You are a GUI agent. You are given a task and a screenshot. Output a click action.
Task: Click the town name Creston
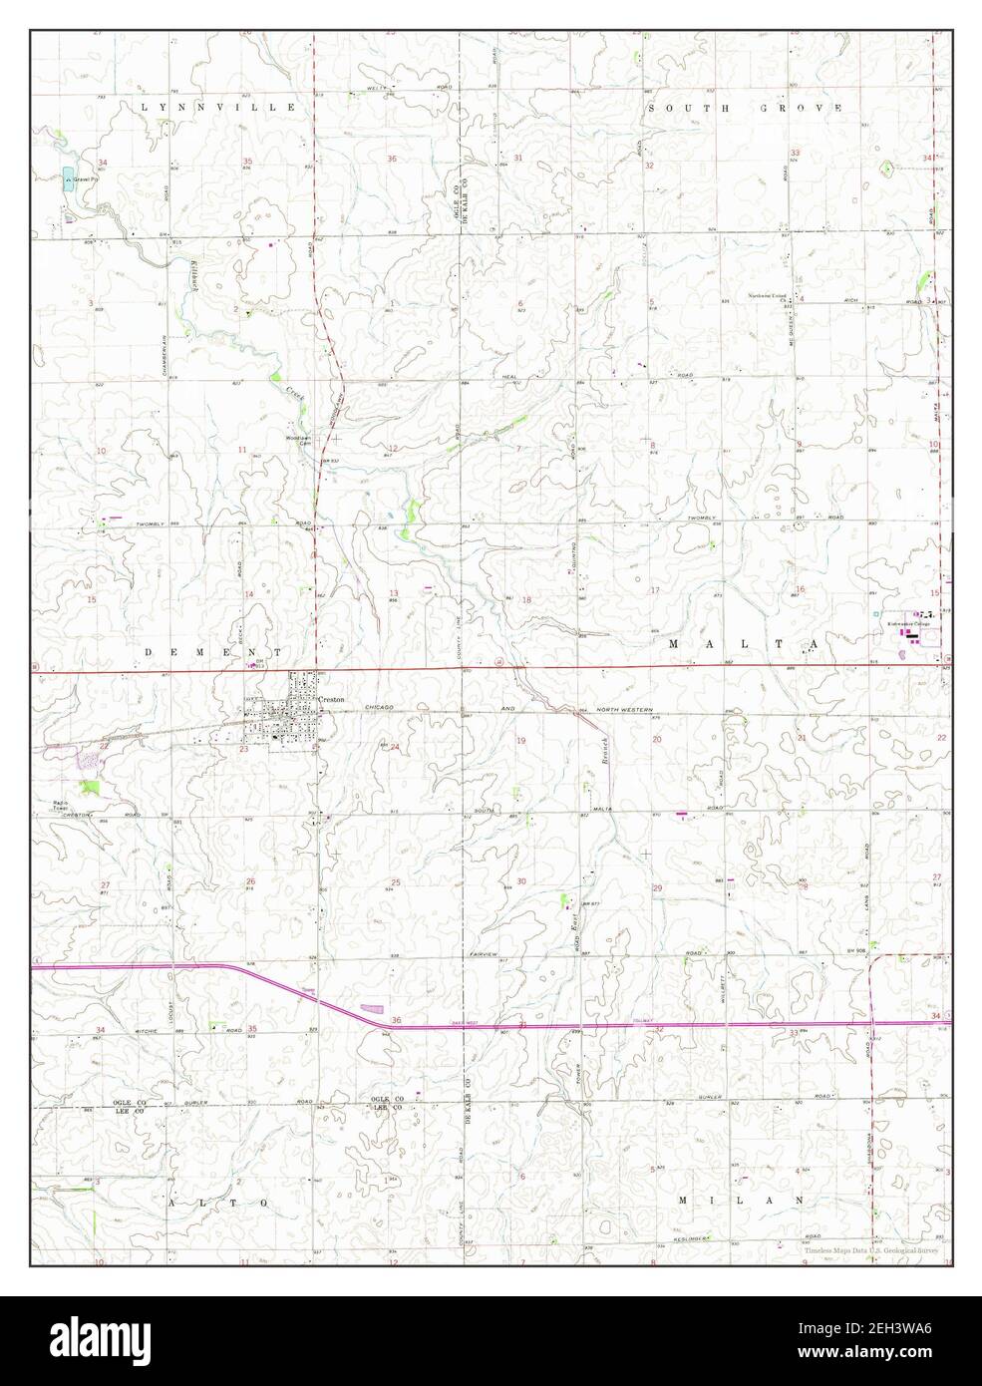[x=332, y=700]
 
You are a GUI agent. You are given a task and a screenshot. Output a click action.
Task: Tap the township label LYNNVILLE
[x=218, y=106]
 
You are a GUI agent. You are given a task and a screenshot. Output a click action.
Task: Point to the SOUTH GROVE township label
[x=745, y=107]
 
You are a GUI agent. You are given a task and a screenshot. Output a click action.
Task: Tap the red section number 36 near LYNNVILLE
[x=393, y=160]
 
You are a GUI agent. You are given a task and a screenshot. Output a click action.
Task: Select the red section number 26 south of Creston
[x=250, y=880]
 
